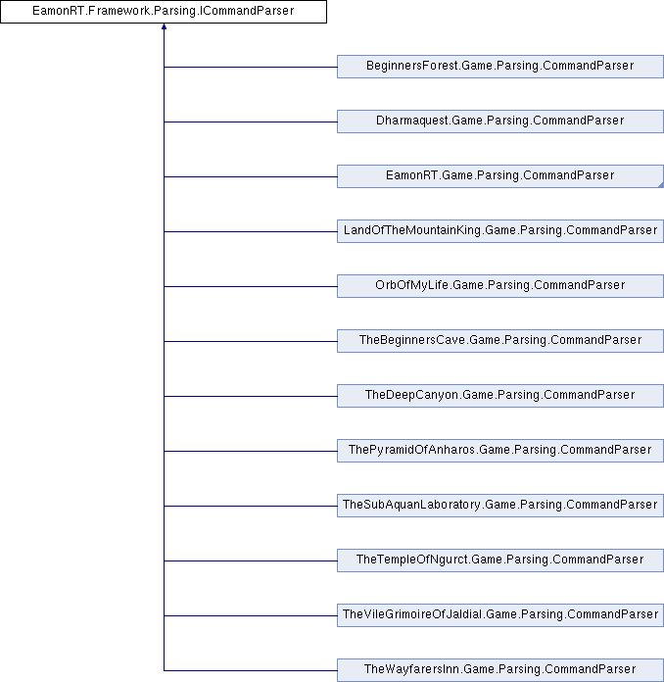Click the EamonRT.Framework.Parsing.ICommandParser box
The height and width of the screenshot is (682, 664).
click(x=164, y=12)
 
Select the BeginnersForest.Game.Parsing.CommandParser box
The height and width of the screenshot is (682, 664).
click(x=500, y=67)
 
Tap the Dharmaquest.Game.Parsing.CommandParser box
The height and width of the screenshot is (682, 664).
click(x=500, y=122)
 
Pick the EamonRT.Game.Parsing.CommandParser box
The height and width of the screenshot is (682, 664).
click(x=500, y=176)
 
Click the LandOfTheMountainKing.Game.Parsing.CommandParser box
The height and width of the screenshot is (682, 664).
click(x=500, y=231)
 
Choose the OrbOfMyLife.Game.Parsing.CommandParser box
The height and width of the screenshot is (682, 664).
click(x=500, y=286)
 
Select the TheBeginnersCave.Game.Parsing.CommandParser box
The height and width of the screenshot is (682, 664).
click(x=500, y=341)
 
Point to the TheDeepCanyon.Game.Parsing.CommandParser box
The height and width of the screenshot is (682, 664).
click(x=500, y=395)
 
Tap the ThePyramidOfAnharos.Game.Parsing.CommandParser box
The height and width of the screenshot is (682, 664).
click(x=500, y=450)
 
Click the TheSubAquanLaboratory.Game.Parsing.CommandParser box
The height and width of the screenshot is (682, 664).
click(x=500, y=505)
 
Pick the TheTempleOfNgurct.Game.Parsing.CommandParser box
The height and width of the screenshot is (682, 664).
click(x=500, y=560)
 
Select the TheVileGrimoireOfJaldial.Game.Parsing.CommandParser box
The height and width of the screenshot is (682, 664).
click(x=500, y=614)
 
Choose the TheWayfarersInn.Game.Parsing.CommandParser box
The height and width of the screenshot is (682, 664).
click(x=500, y=670)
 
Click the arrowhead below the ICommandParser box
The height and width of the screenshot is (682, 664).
click(x=164, y=27)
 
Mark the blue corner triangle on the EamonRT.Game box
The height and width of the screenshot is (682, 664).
click(x=661, y=185)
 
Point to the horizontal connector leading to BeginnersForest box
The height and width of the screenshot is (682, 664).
click(x=251, y=67)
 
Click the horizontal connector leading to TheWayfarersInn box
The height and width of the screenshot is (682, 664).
click(x=251, y=670)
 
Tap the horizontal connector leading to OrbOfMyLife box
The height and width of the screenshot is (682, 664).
click(x=251, y=286)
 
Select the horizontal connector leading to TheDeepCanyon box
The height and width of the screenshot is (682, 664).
click(x=251, y=396)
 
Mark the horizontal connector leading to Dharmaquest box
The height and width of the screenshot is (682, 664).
click(x=251, y=122)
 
